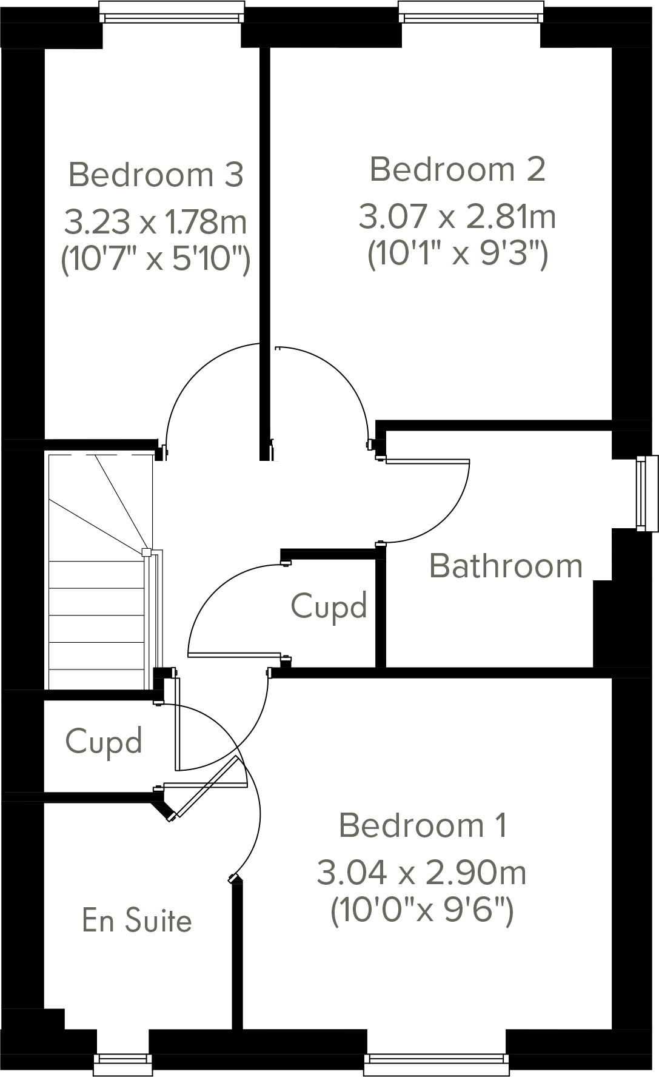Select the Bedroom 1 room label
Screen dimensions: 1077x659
[x=423, y=825]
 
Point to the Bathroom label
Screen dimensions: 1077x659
[x=506, y=566]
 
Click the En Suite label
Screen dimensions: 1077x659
[x=137, y=921]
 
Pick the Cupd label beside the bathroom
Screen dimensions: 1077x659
[x=329, y=606]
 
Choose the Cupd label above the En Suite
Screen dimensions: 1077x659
[x=104, y=741]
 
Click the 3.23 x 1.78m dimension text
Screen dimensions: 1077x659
[x=156, y=222]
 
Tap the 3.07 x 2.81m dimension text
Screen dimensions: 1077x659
[x=458, y=216]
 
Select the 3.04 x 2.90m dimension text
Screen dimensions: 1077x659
[x=422, y=873]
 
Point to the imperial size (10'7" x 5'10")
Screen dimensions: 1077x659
[x=156, y=261]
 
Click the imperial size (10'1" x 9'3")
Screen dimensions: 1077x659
[x=458, y=254]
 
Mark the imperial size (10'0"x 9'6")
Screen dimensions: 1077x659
[x=422, y=910]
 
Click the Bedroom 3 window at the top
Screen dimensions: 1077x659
[x=172, y=12]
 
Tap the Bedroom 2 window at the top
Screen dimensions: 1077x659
[x=470, y=12]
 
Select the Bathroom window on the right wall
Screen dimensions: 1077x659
[x=646, y=493]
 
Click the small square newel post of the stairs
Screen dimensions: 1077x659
[x=146, y=552]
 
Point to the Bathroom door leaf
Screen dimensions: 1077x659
[x=427, y=461]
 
